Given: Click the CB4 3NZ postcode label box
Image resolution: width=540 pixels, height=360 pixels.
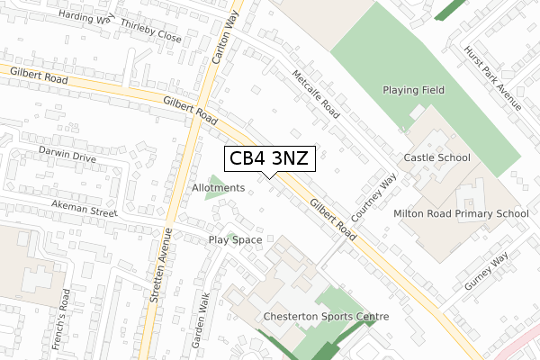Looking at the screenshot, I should [269, 158].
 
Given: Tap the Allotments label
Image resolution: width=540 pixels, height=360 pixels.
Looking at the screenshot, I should [218, 187].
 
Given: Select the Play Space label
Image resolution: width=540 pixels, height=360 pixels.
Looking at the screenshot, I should [235, 240].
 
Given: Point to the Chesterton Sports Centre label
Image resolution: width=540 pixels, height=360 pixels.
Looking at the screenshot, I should [326, 317].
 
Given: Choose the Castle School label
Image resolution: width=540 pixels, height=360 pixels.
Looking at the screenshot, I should [437, 157].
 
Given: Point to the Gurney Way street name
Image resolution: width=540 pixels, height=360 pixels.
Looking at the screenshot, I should [487, 271].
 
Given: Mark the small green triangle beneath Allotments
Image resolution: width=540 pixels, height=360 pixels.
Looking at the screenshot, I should [214, 194].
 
